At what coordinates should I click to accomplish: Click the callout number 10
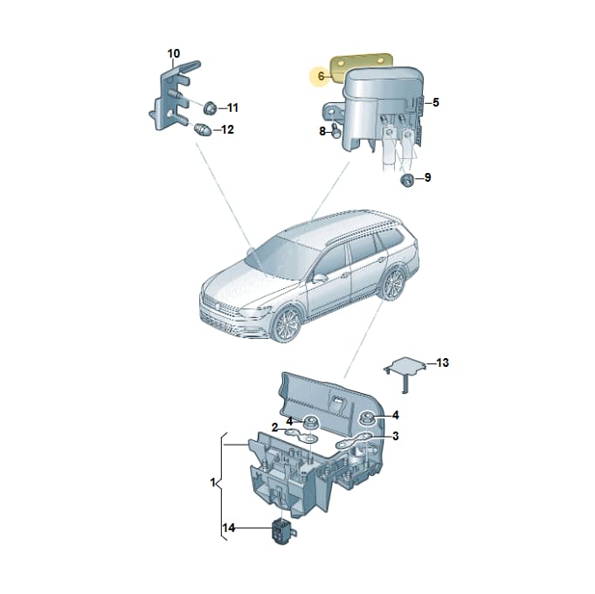173,53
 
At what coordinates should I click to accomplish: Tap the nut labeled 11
210,108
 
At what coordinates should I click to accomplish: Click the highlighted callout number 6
321,76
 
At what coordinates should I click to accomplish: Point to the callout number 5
435,102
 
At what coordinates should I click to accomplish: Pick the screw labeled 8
336,130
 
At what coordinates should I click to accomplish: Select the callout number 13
442,363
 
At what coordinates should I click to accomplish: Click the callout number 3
395,436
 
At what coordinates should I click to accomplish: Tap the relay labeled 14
283,531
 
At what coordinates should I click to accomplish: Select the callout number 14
228,528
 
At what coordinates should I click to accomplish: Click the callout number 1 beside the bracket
212,482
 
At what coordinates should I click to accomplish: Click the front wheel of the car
287,324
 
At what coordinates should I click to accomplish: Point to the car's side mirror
320,278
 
